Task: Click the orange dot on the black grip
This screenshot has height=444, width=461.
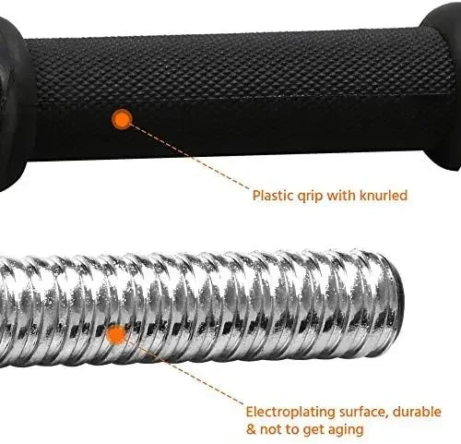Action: tap(122, 119)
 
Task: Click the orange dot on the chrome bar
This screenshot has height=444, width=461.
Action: tap(116, 335)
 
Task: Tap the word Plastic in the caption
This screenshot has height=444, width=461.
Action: tap(273, 196)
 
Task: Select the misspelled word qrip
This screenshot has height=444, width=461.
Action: tap(310, 197)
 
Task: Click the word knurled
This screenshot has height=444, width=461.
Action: tap(384, 196)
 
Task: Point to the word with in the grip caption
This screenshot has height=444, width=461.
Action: tap(341, 196)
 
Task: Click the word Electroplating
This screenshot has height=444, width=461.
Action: tap(290, 413)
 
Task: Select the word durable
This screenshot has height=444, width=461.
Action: tap(417, 412)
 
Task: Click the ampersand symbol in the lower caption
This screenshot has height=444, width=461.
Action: tap(251, 429)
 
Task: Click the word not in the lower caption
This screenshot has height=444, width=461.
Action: tap(271, 429)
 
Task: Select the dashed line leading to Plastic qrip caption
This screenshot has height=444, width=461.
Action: tap(189, 156)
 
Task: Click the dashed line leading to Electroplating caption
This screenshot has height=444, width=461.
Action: tap(184, 372)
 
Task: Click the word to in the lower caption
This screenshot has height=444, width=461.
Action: tap(291, 429)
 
